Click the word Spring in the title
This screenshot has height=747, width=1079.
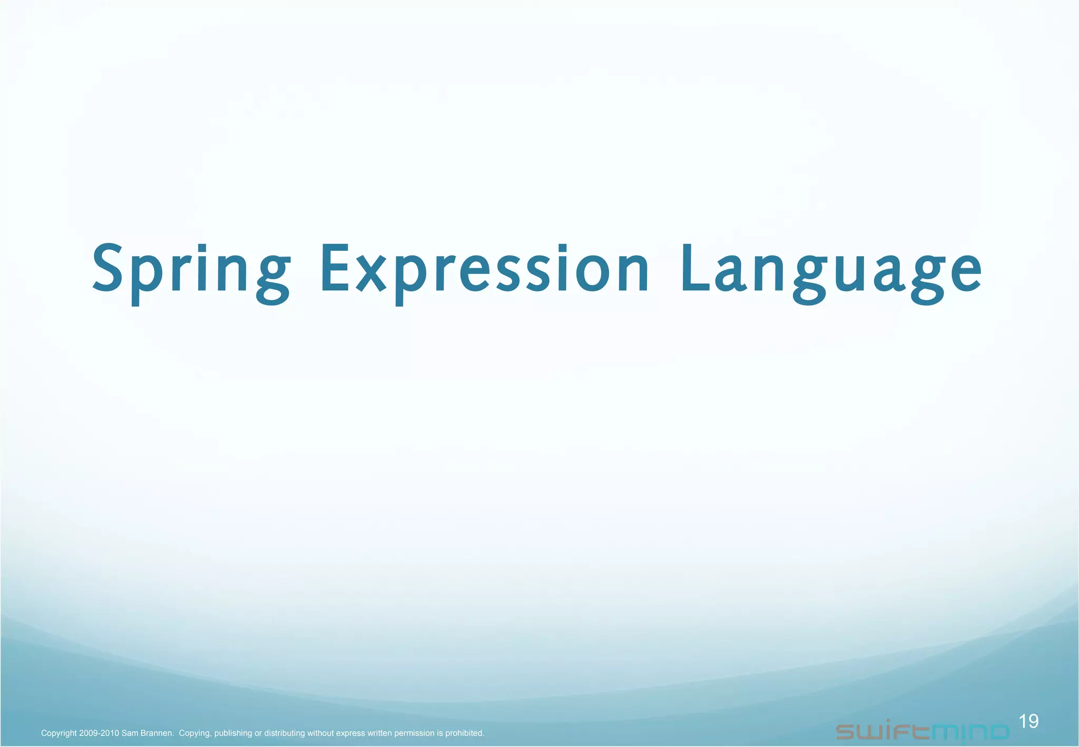click(x=191, y=270)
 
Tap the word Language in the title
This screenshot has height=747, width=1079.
click(x=830, y=270)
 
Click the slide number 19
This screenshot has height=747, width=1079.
click(x=1028, y=721)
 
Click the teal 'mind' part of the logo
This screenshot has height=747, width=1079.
click(x=970, y=731)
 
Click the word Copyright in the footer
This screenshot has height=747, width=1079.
click(x=58, y=733)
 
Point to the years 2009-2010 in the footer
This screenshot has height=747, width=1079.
click(x=99, y=733)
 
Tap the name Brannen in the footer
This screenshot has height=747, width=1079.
click(x=156, y=733)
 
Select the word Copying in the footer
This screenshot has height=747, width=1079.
click(x=194, y=733)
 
